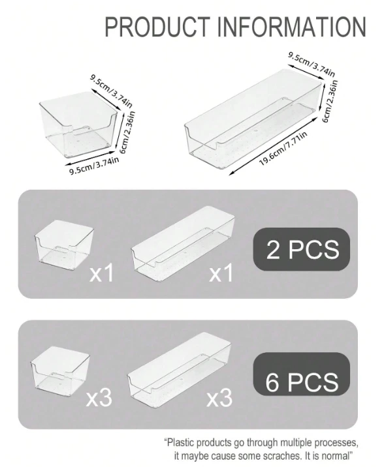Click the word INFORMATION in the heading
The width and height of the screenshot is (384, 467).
click(x=293, y=27)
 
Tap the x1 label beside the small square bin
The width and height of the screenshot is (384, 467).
click(x=101, y=273)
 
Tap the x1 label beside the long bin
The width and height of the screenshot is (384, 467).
click(x=221, y=273)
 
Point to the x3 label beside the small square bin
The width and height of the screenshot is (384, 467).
click(x=99, y=398)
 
